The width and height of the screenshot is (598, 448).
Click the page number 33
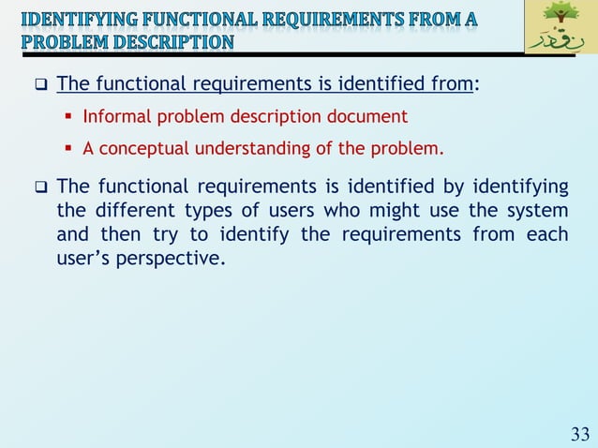[580, 434]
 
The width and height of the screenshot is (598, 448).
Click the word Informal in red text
[114, 117]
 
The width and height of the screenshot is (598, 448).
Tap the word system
[537, 208]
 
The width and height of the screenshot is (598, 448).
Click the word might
[380, 208]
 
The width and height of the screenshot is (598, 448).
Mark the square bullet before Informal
[70, 118]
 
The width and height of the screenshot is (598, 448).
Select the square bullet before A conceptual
[70, 149]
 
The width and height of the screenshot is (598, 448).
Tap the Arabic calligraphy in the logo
[561, 42]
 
